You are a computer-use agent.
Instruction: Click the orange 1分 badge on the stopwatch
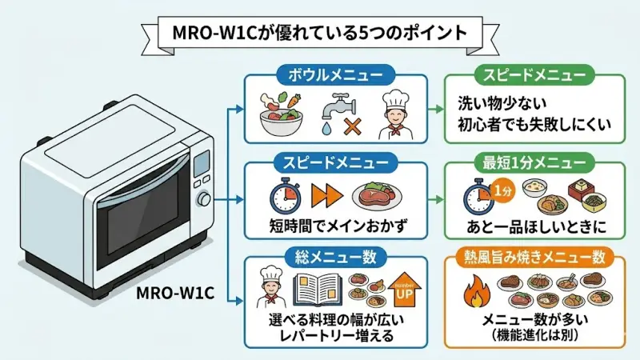pyautogui.click(x=502, y=192)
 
